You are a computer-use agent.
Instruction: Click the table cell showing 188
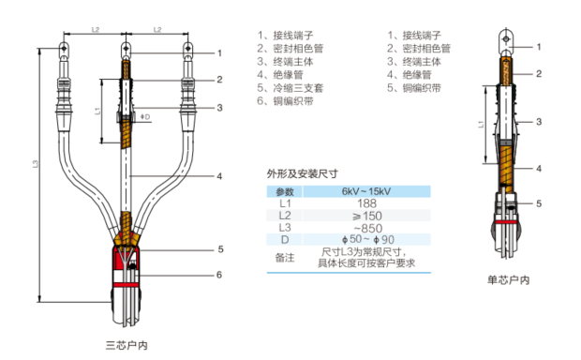[366, 203]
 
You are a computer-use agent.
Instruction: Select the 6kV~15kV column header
[366, 191]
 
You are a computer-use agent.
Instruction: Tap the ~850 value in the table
[367, 228]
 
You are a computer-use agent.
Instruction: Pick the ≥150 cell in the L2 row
[366, 216]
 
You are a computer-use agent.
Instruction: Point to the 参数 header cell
[285, 191]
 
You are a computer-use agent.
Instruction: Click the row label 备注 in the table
[285, 258]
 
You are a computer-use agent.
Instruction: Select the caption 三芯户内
[127, 346]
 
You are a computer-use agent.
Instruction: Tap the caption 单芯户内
[508, 280]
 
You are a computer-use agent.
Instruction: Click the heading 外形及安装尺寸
[303, 173]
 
